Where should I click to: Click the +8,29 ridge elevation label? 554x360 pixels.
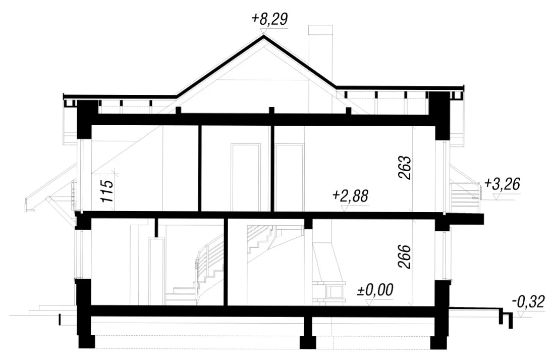269,19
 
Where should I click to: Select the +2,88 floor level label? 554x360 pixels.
350,195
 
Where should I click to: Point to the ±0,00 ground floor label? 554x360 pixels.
375,290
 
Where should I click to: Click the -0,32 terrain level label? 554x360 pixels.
529,302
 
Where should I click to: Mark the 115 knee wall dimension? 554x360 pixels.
107,191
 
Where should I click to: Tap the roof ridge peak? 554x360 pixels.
263,37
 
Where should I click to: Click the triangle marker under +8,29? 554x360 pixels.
263,31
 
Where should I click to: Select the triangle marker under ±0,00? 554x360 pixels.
370,302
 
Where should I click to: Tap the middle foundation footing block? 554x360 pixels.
308,342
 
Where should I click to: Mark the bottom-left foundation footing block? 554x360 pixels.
87,342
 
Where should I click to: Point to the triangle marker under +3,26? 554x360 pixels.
497,196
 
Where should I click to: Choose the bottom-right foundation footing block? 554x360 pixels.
438,342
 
